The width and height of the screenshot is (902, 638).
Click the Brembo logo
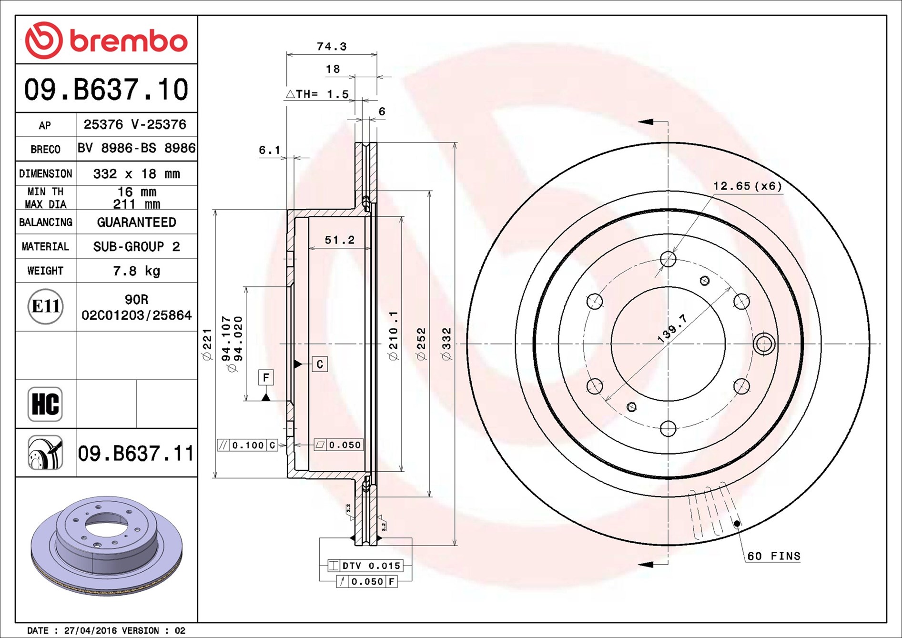(106, 40)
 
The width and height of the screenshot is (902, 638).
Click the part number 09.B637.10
(106, 90)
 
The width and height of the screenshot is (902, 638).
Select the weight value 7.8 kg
(136, 271)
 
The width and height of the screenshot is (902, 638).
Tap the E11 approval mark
(45, 306)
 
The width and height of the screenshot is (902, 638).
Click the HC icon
(45, 404)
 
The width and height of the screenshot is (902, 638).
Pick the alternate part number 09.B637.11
(136, 453)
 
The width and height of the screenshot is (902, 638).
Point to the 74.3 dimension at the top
(332, 47)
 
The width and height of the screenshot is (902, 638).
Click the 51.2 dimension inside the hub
(340, 240)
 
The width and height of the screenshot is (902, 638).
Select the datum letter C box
(320, 364)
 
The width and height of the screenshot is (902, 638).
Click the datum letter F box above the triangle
(266, 377)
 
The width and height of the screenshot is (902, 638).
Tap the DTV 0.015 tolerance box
(365, 566)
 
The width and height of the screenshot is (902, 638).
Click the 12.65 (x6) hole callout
(748, 186)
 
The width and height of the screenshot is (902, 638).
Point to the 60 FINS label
(774, 556)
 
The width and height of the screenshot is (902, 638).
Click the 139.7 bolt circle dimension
(672, 328)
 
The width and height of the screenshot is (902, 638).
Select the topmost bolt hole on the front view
(668, 259)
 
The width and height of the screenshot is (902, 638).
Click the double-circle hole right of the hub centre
(764, 344)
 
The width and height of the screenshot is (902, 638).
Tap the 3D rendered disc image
(106, 545)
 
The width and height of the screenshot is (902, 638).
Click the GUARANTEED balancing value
(136, 222)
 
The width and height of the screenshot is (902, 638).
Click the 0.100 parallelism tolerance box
(247, 445)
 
